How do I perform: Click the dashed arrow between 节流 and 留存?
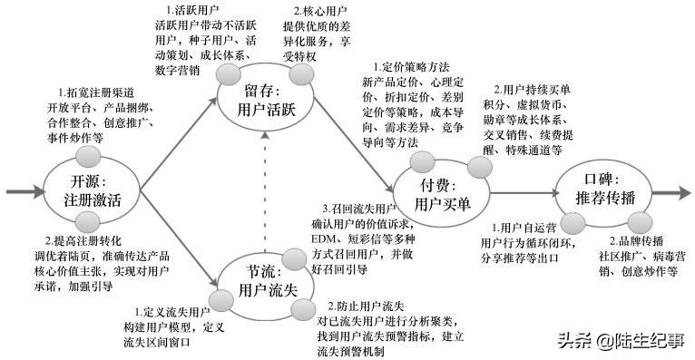pos(265,190)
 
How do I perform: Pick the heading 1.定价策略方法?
pos(412,68)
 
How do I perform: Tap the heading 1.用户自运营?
pos(524,227)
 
